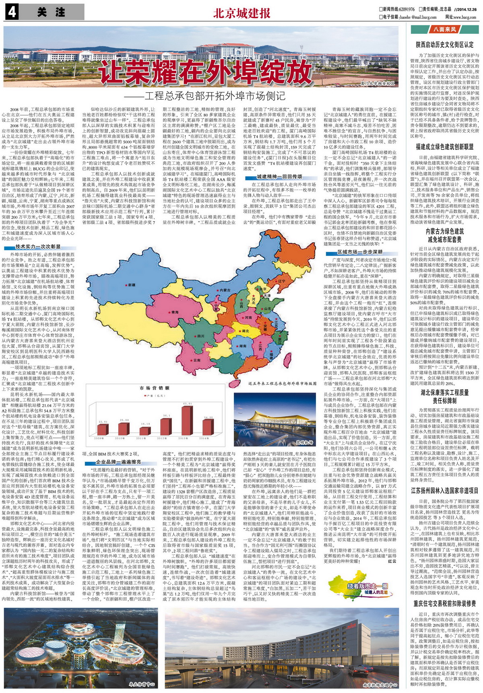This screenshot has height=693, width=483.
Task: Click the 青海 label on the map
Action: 175,312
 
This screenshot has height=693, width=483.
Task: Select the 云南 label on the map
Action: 196,360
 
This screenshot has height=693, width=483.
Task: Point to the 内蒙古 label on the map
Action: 224,290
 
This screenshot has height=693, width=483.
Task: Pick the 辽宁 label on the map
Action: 281,281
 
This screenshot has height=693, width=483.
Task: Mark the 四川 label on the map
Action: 200,336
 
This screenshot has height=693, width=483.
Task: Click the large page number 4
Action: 12,12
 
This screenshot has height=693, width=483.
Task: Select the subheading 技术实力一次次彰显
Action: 38,247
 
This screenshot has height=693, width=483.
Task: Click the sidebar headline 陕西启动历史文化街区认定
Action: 444,45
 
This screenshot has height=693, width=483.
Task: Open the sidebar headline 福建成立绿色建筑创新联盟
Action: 444,147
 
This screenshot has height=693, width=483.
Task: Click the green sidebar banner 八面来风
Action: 444,29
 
